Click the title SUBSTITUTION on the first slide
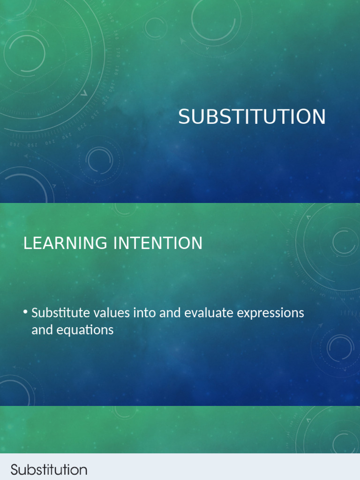[x=252, y=117]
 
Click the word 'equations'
[x=85, y=330]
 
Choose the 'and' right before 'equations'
[x=41, y=330]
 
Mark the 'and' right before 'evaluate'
[x=170, y=313]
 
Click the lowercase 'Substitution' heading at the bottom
[x=49, y=470]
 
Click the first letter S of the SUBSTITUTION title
[x=183, y=117]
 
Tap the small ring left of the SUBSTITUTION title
[x=99, y=159]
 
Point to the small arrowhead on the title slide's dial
[x=84, y=93]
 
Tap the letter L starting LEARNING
[x=27, y=243]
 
